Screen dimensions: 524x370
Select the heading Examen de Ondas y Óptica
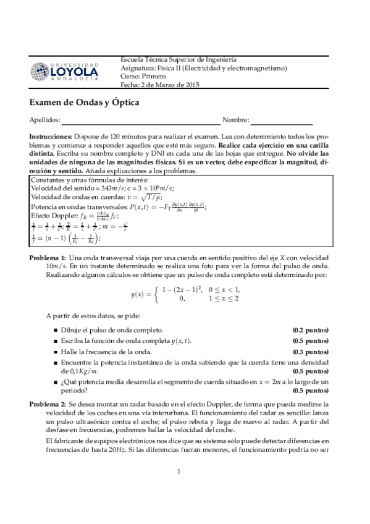(84, 102)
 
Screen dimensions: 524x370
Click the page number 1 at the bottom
(178, 507)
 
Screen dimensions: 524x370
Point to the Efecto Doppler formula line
(67, 216)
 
